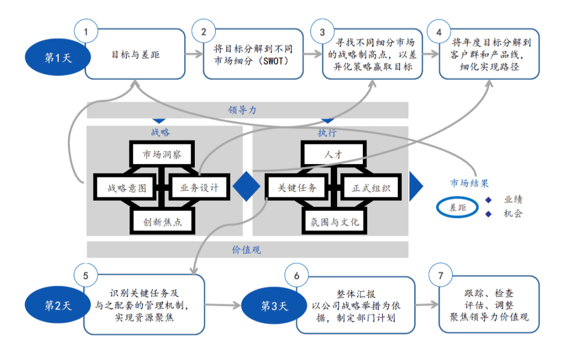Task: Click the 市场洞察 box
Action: click(162, 155)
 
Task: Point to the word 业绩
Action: click(513, 200)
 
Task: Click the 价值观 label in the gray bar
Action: click(246, 249)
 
